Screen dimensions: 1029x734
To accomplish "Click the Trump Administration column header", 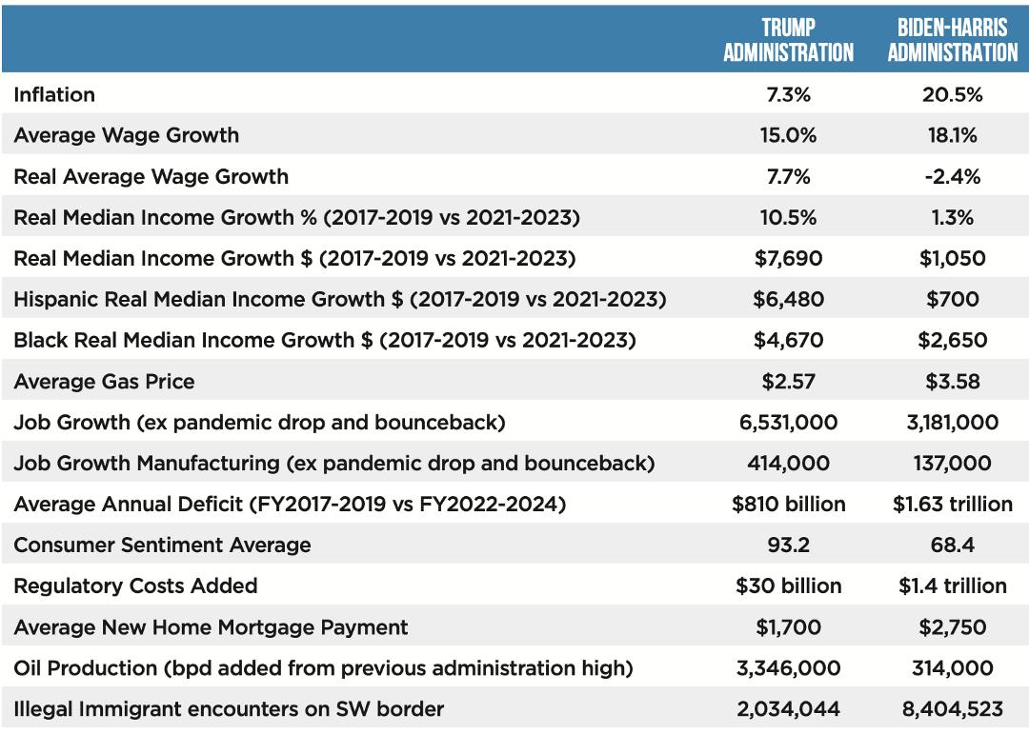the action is tap(788, 39).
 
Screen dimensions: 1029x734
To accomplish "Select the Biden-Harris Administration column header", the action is tap(952, 39).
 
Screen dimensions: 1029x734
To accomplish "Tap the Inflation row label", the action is tap(54, 94).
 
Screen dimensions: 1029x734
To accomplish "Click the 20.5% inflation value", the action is tap(952, 94).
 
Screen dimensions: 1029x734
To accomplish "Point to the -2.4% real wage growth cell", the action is tap(952, 176).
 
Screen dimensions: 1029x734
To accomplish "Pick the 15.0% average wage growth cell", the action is tap(788, 135).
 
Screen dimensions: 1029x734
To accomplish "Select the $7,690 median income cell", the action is tap(788, 258).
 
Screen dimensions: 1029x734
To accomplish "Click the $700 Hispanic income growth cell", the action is tap(952, 299).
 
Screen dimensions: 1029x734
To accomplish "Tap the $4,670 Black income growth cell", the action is tap(788, 340).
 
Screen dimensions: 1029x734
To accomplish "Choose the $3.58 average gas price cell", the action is tap(952, 381).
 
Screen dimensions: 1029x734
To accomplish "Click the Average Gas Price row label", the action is tap(105, 381).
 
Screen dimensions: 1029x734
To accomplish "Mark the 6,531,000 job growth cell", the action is tap(788, 422).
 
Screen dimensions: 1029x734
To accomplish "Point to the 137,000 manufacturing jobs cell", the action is tap(952, 463).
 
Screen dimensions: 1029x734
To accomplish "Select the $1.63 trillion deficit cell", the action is tap(952, 504).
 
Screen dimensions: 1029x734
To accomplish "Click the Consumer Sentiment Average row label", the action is tap(162, 546).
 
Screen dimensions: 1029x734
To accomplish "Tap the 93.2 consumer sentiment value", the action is tap(788, 546).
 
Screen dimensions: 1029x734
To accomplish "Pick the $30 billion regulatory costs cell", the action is tap(788, 585).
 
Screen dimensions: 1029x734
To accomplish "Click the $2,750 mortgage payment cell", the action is tap(952, 627).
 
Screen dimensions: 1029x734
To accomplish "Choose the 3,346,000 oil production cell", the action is tap(788, 667).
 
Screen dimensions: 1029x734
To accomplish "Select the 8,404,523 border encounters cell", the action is tap(952, 708).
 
